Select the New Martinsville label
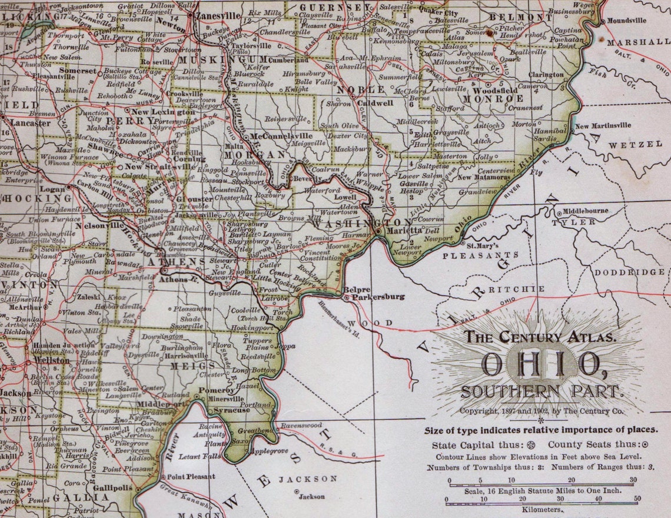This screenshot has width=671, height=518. pyautogui.click(x=603, y=125)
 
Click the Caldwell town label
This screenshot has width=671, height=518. pyautogui.click(x=375, y=102)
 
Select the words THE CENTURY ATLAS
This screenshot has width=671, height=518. pyautogui.click(x=540, y=337)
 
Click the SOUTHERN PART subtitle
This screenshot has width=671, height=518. pyautogui.click(x=540, y=391)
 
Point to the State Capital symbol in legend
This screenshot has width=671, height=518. pyautogui.click(x=532, y=445)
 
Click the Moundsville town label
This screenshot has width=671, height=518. pyautogui.click(x=626, y=20)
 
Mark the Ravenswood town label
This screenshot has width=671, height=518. pyautogui.click(x=301, y=424)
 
